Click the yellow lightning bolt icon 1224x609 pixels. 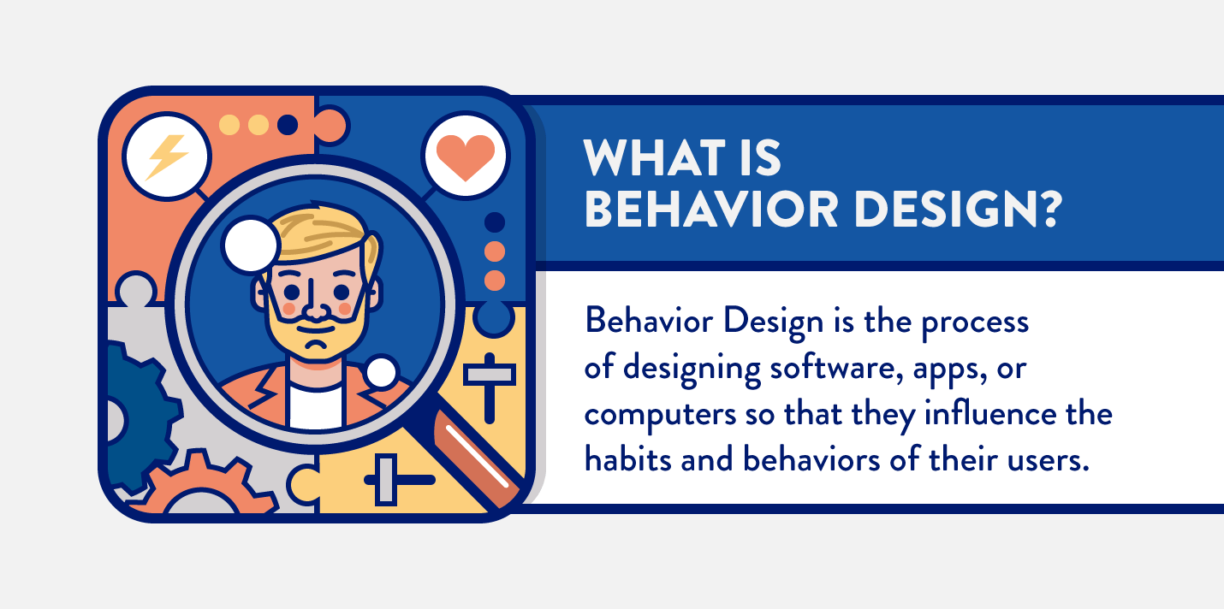[x=167, y=157]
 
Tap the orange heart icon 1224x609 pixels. [x=466, y=157]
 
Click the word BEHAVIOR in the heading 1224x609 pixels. [x=711, y=210]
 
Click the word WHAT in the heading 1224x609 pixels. [x=654, y=157]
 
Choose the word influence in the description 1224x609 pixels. [x=990, y=413]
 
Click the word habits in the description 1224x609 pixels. [x=628, y=458]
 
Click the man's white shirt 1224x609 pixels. [x=315, y=407]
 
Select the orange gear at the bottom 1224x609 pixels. [x=203, y=484]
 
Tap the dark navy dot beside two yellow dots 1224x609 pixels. [x=288, y=125]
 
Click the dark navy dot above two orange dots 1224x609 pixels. [x=495, y=222]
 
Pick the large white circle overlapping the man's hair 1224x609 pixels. [x=251, y=245]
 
